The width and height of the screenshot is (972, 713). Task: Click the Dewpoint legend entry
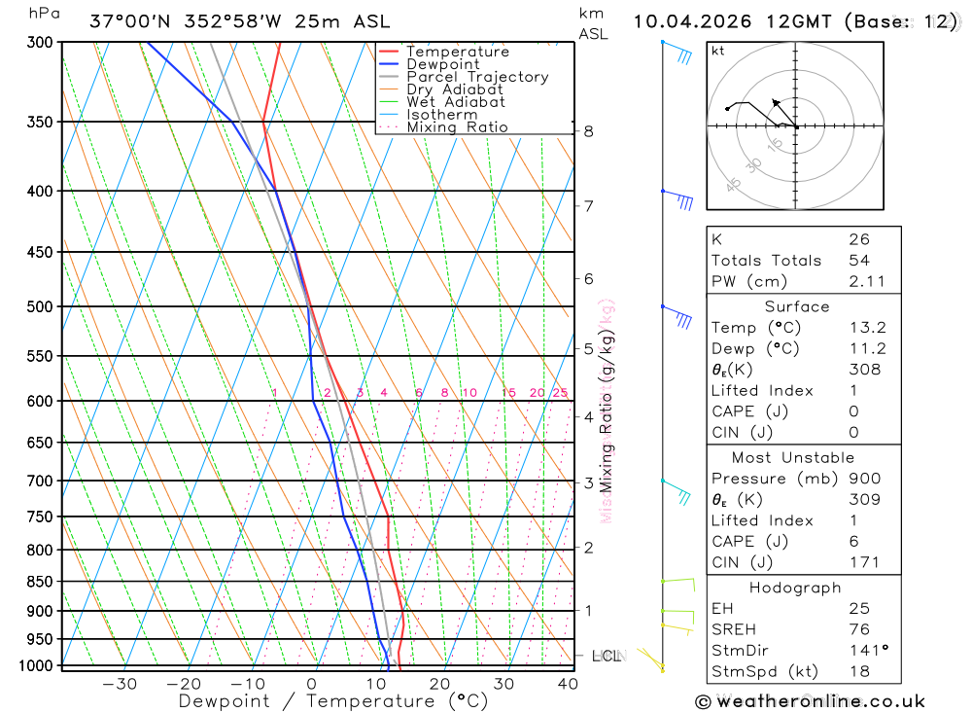pyautogui.click(x=442, y=64)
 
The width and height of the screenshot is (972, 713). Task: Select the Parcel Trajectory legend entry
pyautogui.click(x=477, y=77)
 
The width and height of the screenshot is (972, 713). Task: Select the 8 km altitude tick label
pyautogui.click(x=589, y=131)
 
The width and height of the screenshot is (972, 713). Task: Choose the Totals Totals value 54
pyautogui.click(x=859, y=261)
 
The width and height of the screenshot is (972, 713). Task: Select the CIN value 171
pyautogui.click(x=862, y=562)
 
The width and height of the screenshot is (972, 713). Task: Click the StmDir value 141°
pyautogui.click(x=864, y=651)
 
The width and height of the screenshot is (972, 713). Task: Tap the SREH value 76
pyautogui.click(x=858, y=629)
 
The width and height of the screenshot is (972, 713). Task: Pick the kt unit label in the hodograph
pyautogui.click(x=718, y=51)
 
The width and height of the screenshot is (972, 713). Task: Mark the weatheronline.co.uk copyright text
pyautogui.click(x=810, y=701)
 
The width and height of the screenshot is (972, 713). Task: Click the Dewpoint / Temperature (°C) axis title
pyautogui.click(x=333, y=700)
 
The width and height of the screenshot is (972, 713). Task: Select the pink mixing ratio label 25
pyautogui.click(x=560, y=393)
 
